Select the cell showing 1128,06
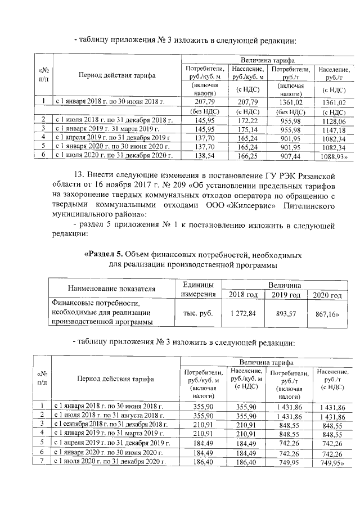pyautogui.click(x=335, y=121)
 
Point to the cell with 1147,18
pyautogui.click(x=335, y=129)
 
